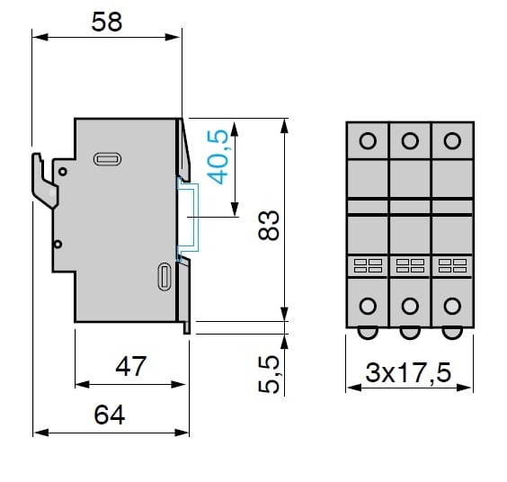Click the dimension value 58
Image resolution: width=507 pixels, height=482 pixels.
click(x=107, y=22)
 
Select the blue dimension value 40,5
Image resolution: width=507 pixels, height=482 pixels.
click(x=218, y=156)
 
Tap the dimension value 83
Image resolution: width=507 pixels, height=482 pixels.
click(x=269, y=225)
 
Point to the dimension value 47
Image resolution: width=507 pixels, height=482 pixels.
click(x=131, y=366)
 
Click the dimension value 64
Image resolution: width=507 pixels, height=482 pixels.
click(x=110, y=415)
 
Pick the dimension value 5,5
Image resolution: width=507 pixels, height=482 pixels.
click(x=269, y=374)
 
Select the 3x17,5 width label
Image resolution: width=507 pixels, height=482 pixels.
click(x=408, y=372)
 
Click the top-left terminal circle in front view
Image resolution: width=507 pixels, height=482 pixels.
click(x=368, y=140)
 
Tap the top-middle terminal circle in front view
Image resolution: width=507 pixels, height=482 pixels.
click(x=410, y=140)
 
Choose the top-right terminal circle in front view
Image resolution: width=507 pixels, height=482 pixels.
click(x=452, y=140)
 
